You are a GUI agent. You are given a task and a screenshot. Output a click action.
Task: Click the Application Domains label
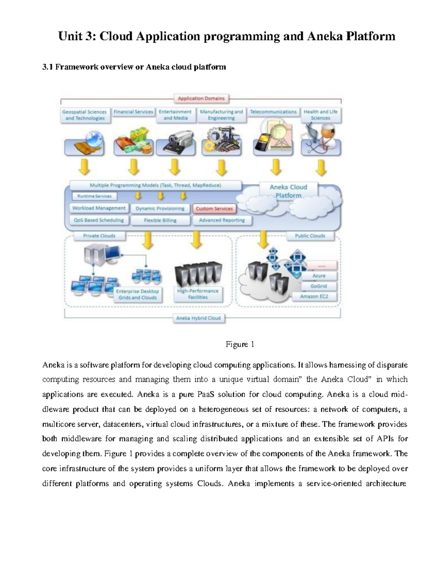[201, 99]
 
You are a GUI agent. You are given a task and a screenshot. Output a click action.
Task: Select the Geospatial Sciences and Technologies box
[85, 115]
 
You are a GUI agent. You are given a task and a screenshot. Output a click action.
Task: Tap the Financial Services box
[133, 112]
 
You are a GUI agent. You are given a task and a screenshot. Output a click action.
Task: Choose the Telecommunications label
[273, 112]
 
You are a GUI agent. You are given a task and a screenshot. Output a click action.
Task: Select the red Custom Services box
[214, 209]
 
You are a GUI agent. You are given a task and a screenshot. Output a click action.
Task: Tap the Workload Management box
[99, 208]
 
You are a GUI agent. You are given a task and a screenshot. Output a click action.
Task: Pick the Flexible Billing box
[160, 221]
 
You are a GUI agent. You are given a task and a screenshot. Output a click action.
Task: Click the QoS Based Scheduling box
[99, 220]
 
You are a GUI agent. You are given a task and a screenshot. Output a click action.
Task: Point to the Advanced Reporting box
[222, 220]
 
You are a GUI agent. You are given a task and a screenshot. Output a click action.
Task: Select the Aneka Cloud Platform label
[288, 191]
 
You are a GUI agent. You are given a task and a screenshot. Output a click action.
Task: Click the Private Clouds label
[99, 236]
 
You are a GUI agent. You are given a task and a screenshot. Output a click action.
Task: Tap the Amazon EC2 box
[314, 296]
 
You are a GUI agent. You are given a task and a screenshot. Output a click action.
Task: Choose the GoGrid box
[319, 286]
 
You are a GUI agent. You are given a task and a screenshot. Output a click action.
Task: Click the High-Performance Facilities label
[198, 294]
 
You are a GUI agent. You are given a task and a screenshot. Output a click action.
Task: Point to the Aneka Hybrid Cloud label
[199, 318]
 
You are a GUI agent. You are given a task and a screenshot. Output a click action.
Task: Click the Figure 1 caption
[240, 344]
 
